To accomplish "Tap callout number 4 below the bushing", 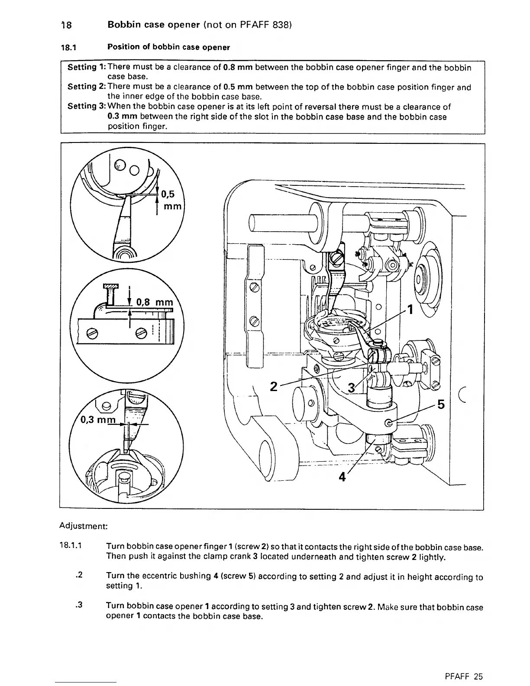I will tap(343, 477).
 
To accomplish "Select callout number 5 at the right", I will tap(441, 405).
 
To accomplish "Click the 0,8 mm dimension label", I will tap(154, 302).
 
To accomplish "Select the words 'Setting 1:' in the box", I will tap(87, 67).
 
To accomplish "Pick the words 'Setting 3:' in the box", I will tap(87, 107).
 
